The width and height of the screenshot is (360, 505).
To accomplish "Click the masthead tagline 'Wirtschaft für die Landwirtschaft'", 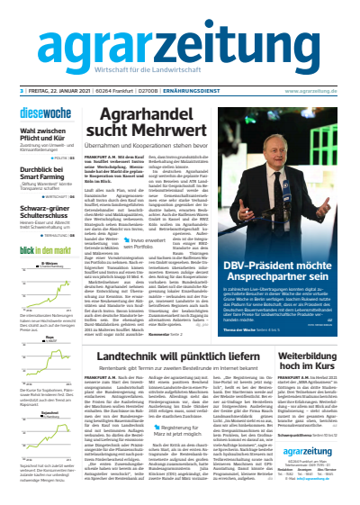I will (179, 74).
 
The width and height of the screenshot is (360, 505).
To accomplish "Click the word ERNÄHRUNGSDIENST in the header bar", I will (203, 91).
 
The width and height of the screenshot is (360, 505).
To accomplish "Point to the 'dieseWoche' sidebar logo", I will (45, 113).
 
